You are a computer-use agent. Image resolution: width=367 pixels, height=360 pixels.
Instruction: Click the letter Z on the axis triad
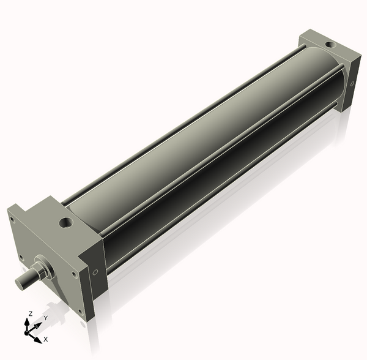click(30, 314)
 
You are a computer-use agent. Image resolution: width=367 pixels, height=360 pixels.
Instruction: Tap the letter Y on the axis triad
click(46, 318)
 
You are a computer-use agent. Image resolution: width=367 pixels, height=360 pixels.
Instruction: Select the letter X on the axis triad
click(46, 339)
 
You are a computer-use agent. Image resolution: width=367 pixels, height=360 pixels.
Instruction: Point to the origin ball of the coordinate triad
click(27, 333)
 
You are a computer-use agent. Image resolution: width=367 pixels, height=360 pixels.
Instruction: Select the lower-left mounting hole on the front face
click(22, 257)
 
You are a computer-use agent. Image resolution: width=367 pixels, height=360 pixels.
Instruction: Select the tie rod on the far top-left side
click(183, 116)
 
